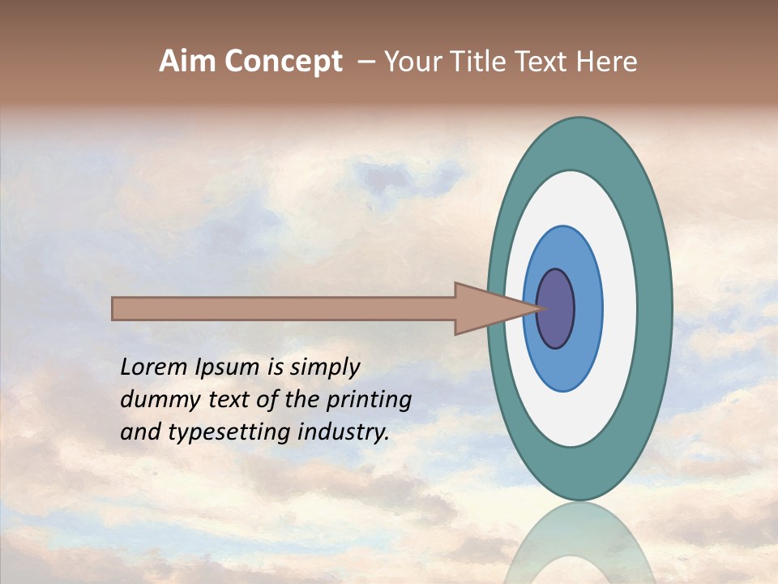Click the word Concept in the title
tap(284, 62)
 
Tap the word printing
tap(368, 400)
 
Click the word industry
tap(344, 432)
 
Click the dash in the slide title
tap(365, 62)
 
